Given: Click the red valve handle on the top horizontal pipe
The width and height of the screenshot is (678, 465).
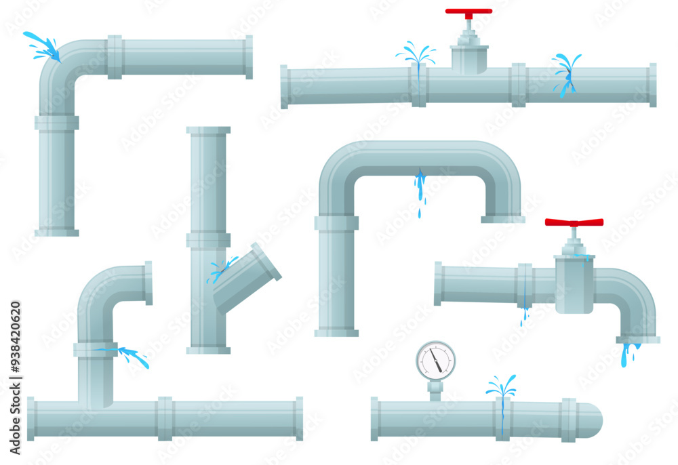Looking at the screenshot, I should click(x=468, y=12).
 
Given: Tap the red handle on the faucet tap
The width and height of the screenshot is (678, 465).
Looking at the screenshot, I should click(x=574, y=222).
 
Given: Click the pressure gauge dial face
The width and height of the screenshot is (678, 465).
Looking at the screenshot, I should click(x=435, y=360).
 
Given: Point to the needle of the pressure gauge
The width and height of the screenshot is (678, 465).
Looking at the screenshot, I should click(x=437, y=363).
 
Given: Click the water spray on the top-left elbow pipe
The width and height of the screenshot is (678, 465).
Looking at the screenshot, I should click(x=42, y=45).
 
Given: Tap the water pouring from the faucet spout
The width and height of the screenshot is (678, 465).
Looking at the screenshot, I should click(x=629, y=352).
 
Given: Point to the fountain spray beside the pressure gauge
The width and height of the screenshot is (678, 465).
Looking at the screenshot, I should click(x=501, y=387).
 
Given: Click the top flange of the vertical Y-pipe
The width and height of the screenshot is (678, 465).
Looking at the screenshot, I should click(x=208, y=130).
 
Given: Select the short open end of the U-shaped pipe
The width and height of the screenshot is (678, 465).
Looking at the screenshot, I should click(x=502, y=218).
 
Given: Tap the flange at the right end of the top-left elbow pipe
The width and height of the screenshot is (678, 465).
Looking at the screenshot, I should click(x=249, y=57).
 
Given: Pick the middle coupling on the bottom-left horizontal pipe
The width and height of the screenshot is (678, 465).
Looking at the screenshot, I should click(x=165, y=418).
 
